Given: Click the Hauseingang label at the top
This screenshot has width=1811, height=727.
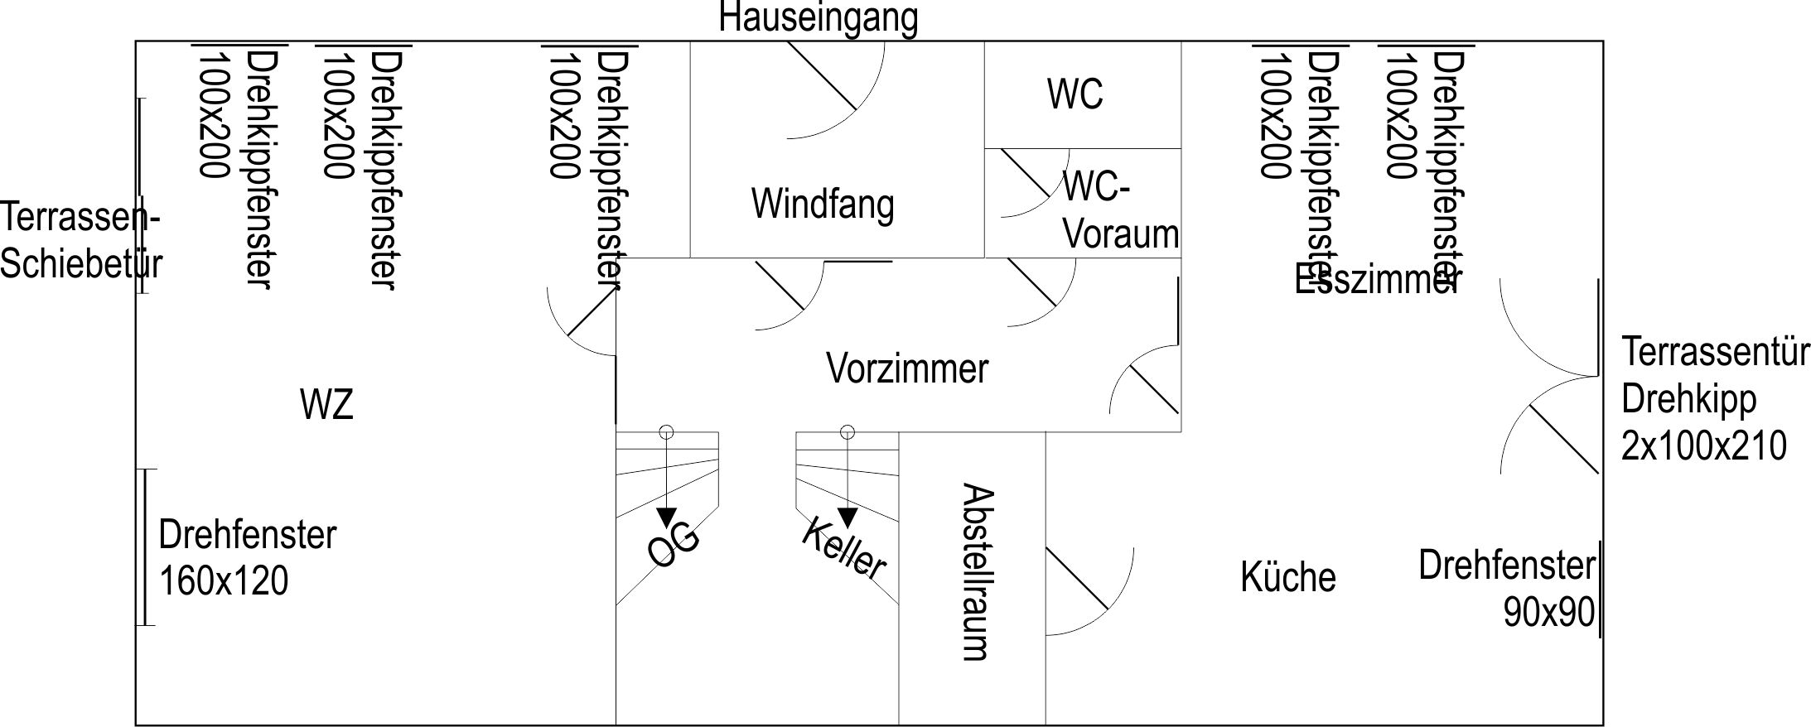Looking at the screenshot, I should pos(818,18).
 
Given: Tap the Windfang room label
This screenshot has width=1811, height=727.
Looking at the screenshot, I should pos(823,204).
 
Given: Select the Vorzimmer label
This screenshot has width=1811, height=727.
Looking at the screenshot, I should pos(907,368).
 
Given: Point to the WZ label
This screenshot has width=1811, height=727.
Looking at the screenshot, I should pos(326,405).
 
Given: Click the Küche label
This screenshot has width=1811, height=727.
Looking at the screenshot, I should pos(1287,577).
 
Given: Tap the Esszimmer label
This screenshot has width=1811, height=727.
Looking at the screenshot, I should pos(1375,280).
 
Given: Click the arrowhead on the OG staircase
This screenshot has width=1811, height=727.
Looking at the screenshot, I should pos(666,518).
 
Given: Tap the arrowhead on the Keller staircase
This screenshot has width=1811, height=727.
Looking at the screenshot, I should pos(847,518).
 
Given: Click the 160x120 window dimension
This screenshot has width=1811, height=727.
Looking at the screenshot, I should pos(224,580).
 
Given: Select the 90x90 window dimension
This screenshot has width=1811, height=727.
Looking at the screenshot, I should pos(1548,613).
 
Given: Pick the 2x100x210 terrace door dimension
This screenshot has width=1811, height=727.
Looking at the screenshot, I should pos(1703,446).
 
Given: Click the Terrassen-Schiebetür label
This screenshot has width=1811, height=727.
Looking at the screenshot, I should pos(80,241).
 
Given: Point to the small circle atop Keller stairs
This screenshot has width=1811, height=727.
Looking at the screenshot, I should pos(847,431).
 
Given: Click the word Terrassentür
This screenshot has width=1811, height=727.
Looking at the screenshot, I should pos(1714,352).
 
